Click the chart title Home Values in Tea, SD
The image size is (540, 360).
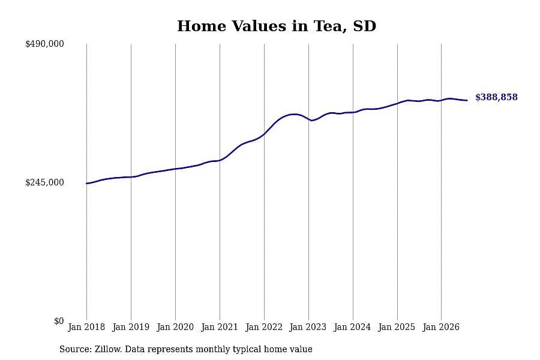(x=277, y=26)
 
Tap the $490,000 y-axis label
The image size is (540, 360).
(x=44, y=44)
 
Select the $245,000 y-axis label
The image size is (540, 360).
(x=44, y=182)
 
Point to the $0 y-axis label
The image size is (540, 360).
(x=59, y=321)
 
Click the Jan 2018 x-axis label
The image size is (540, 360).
(x=86, y=327)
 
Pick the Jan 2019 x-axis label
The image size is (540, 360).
(x=131, y=327)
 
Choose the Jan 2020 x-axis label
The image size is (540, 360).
(x=175, y=327)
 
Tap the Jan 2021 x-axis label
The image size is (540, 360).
(x=220, y=327)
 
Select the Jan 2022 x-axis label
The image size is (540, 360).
(x=264, y=327)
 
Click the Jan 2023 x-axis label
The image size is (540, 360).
(x=308, y=327)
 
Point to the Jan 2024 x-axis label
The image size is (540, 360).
(x=352, y=327)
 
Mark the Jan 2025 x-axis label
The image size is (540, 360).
(x=397, y=327)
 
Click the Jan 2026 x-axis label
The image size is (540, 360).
(x=441, y=327)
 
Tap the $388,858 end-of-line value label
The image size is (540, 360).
(x=496, y=97)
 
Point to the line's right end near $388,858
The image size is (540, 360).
(x=467, y=100)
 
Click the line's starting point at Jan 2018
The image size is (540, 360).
(x=86, y=184)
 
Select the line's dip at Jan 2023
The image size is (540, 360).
(x=311, y=120)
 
